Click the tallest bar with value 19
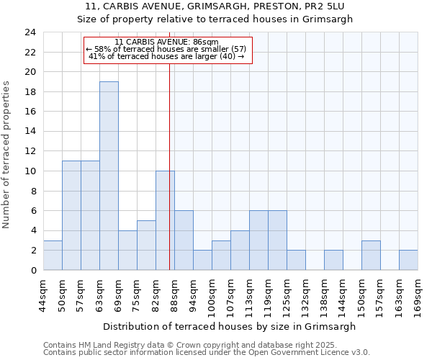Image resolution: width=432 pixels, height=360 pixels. (109, 176)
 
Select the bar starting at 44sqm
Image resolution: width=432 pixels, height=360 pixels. (53, 255)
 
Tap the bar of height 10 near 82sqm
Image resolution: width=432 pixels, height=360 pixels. (164, 220)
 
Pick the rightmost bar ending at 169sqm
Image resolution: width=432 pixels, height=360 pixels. (408, 260)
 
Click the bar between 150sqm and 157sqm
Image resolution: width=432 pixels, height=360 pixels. (371, 255)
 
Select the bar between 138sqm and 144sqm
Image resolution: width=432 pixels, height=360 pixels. (333, 260)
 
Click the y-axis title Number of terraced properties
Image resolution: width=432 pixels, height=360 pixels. (6, 155)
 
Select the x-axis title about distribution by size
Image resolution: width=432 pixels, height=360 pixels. (230, 326)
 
